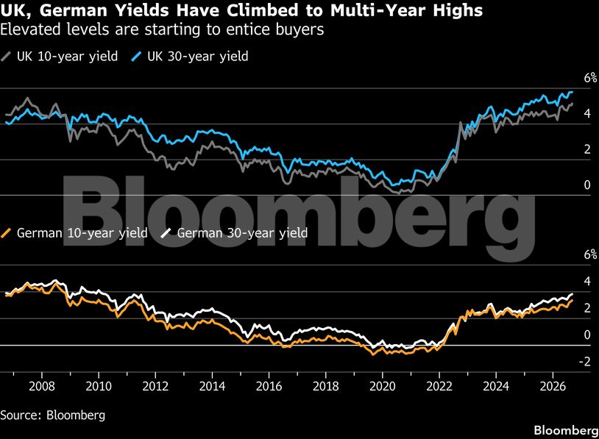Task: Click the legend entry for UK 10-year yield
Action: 59,57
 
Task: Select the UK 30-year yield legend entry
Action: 189,57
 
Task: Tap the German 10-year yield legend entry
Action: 74,233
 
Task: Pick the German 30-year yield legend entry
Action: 234,233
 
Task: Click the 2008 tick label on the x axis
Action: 42,386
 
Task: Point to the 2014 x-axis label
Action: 212,386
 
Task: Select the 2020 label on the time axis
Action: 383,386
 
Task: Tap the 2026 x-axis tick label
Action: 553,386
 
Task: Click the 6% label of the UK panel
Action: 590,78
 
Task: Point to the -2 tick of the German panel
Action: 585,361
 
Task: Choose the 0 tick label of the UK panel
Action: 587,185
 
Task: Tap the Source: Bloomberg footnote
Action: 53,415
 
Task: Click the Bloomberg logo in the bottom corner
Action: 566,430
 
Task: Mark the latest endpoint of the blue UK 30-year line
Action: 573,92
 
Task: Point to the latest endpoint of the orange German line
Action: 572,301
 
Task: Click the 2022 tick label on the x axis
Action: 439,386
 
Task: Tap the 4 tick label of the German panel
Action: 587,282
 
